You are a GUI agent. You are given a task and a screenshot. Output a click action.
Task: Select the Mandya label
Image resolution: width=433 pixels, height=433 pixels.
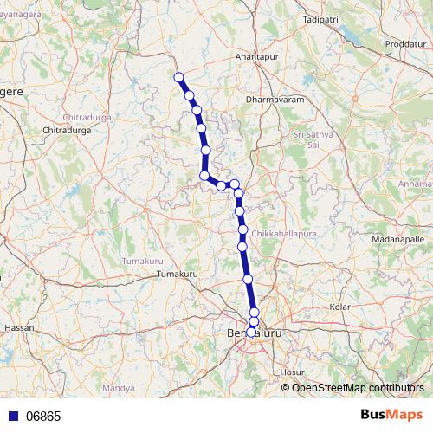[113, 388]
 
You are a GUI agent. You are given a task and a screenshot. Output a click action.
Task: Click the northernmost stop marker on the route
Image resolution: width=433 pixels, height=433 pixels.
[179, 77]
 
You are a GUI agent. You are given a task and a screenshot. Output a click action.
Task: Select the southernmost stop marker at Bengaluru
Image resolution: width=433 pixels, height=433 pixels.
[251, 332]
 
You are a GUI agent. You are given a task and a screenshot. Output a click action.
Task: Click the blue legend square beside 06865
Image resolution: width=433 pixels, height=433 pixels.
[14, 416]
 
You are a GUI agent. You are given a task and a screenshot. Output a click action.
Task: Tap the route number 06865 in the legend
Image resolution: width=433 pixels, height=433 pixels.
[43, 416]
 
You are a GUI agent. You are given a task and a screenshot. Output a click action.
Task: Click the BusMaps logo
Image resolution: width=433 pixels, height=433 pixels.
[391, 415]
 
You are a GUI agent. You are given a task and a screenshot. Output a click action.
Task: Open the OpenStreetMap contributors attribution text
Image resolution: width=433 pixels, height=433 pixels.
[358, 387]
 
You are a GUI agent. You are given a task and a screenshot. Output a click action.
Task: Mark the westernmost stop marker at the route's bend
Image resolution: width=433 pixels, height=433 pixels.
[204, 176]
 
